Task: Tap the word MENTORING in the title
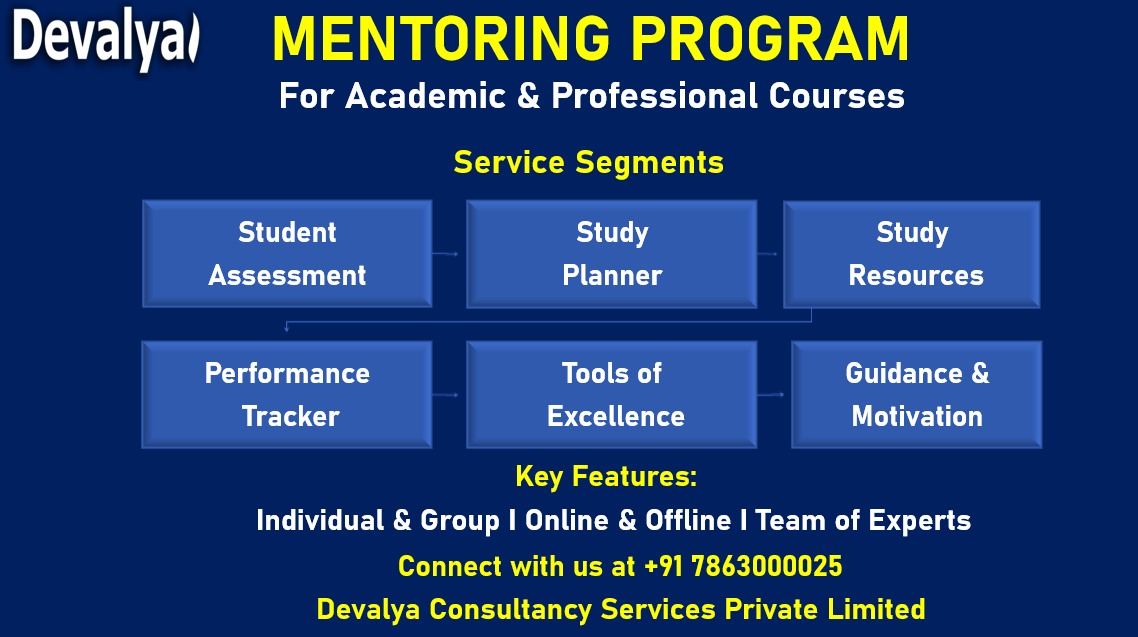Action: [441, 39]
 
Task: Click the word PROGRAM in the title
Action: [770, 39]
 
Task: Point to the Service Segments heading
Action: [589, 163]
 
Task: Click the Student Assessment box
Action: [287, 254]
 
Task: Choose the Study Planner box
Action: [612, 254]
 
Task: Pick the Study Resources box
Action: [912, 255]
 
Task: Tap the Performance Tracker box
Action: [287, 395]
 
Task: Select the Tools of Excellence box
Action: [612, 395]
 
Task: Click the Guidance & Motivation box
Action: [917, 395]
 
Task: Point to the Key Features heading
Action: [606, 477]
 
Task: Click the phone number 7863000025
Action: [767, 566]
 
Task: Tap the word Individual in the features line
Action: [320, 520]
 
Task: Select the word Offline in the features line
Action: [688, 520]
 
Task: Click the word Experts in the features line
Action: [920, 521]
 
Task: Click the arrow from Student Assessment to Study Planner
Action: [446, 254]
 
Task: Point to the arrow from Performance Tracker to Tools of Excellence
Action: [446, 395]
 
